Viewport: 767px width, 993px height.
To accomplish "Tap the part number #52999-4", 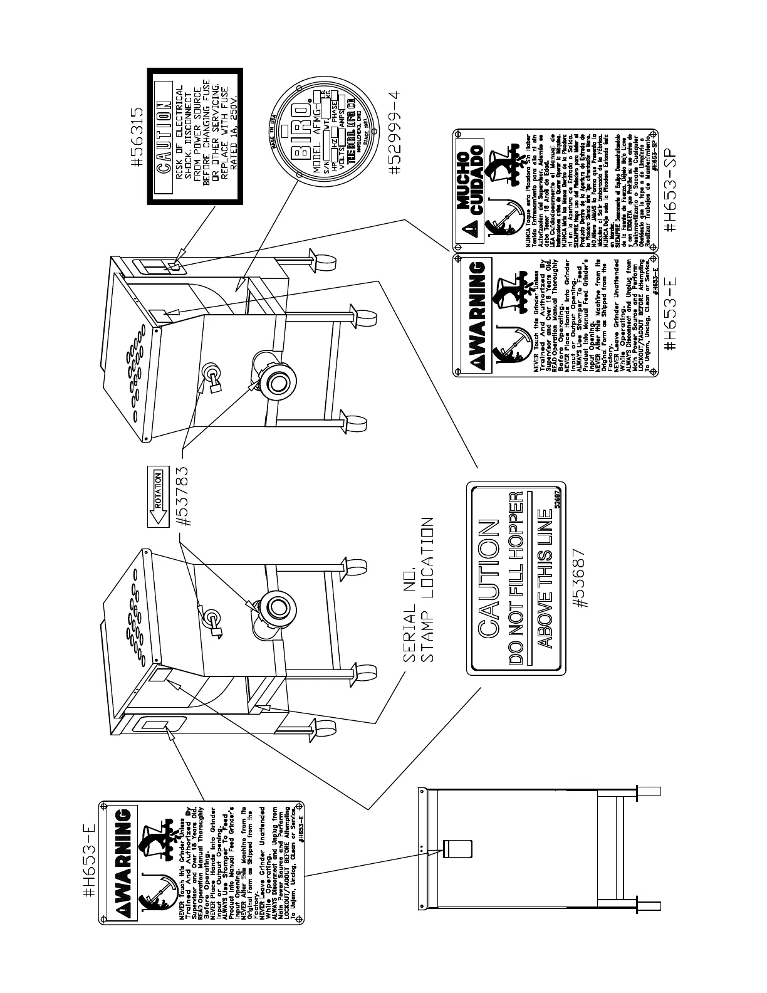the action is pyautogui.click(x=394, y=135).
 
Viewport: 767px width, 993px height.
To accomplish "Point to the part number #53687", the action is pyautogui.click(x=582, y=578).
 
